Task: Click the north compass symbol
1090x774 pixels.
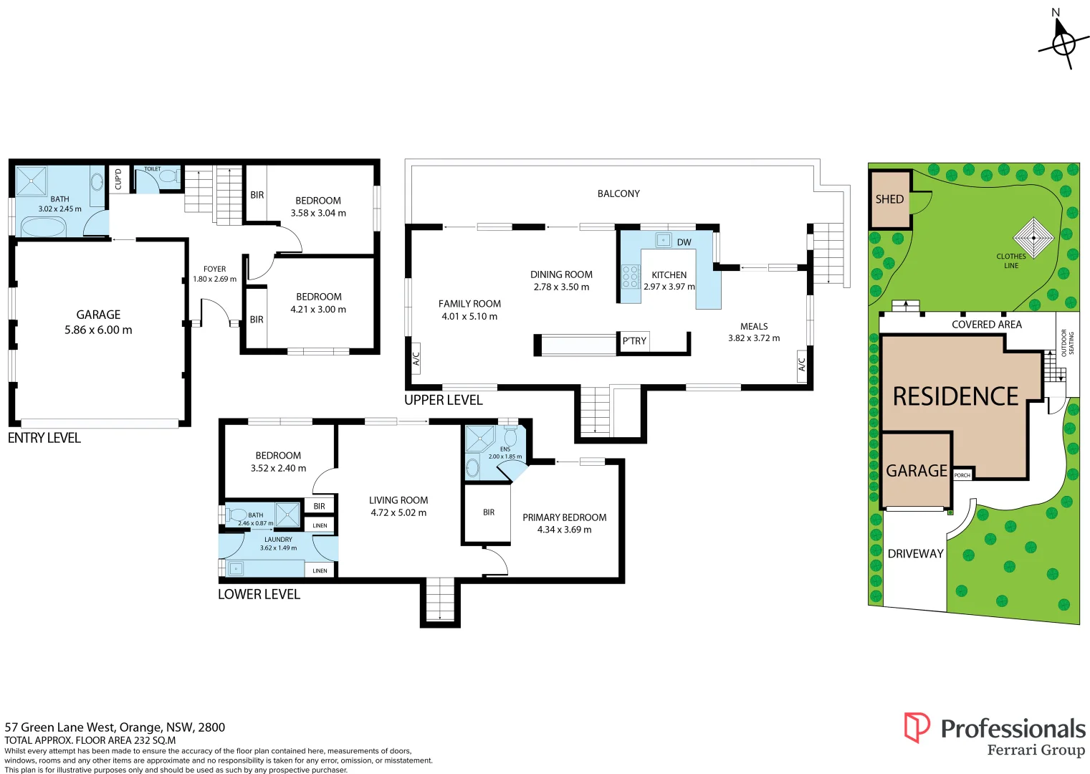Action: point(1063,44)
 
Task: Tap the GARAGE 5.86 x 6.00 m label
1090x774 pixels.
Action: point(98,322)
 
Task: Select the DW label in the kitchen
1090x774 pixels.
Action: point(684,242)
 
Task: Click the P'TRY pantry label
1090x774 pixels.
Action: point(634,341)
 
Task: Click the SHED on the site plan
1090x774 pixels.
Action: point(889,199)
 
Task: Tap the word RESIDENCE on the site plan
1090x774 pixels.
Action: point(955,396)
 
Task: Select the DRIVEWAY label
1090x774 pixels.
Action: point(915,553)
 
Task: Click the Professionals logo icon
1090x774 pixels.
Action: point(917,727)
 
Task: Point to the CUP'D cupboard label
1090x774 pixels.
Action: point(119,179)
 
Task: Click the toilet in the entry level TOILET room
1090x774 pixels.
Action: point(169,176)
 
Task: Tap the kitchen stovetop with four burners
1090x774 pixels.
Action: point(630,276)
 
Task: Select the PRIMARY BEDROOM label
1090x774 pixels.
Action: point(564,517)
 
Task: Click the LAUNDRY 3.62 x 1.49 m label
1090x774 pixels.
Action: point(278,543)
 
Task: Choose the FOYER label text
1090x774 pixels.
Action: point(214,269)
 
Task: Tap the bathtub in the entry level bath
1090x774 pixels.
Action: point(43,227)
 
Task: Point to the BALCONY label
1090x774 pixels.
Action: point(618,193)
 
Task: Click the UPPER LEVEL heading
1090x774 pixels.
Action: point(443,400)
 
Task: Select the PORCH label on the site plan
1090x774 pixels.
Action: point(962,475)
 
